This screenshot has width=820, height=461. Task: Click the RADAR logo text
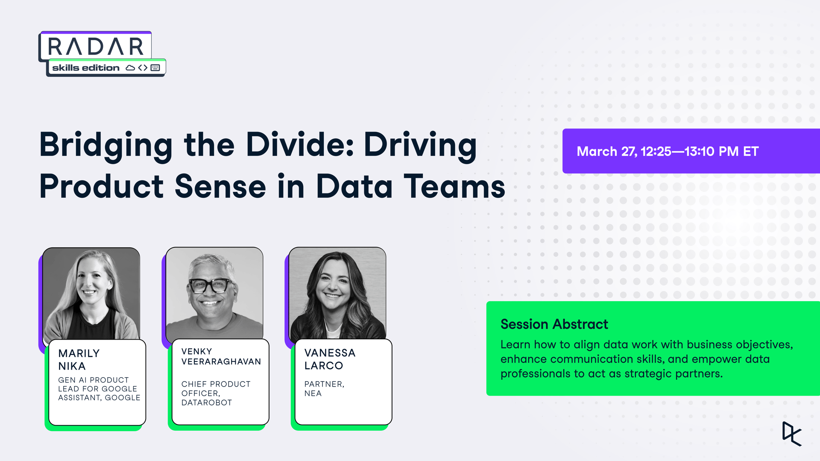(96, 46)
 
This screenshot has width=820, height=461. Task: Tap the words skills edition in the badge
(86, 68)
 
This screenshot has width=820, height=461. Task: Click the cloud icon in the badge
(130, 68)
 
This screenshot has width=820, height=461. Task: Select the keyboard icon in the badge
(155, 68)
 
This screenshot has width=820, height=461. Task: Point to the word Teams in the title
(454, 186)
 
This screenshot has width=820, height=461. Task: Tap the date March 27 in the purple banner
(606, 151)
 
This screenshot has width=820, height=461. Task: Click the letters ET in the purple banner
(751, 151)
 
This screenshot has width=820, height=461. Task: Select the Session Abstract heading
(554, 324)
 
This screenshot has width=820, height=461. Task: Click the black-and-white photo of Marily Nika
(91, 294)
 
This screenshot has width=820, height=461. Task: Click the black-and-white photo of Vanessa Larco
(337, 294)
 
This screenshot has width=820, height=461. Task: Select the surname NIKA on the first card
(72, 366)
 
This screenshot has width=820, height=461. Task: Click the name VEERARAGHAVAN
(221, 361)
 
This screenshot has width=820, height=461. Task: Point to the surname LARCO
(324, 366)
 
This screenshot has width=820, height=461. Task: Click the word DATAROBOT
(207, 402)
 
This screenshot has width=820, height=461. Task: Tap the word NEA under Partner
(313, 393)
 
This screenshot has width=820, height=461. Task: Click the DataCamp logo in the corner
(792, 434)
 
